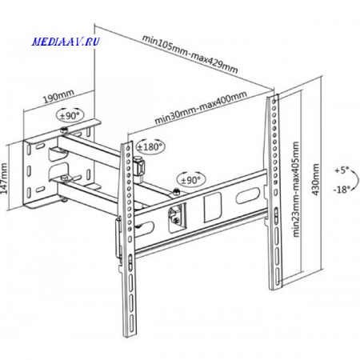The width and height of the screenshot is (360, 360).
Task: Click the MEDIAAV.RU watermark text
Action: (66, 42)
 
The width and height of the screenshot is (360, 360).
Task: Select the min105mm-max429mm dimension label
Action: (190, 54)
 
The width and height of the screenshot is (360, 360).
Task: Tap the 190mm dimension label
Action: (58, 97)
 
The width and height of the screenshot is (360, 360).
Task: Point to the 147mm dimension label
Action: (4, 178)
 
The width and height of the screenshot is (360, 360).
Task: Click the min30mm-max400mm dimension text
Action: (201, 107)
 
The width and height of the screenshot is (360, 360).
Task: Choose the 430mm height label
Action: (315, 179)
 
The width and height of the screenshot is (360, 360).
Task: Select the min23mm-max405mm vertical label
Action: (296, 190)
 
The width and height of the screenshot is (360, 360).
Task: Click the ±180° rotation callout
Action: (150, 146)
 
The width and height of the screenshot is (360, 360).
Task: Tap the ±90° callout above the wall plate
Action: (70, 115)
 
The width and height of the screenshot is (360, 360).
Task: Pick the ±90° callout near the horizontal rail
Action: (190, 180)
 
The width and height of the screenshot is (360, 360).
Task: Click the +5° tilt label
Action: (342, 170)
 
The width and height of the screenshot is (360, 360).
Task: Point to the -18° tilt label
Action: (341, 190)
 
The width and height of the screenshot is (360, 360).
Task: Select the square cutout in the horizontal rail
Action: (213, 207)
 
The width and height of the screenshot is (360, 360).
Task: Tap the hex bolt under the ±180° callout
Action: (139, 166)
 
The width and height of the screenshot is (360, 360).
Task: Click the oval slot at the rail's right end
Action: (248, 196)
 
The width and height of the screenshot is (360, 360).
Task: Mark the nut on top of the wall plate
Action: (64, 130)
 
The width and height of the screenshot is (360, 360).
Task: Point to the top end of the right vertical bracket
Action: (273, 95)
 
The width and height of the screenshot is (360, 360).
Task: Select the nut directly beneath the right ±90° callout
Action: (176, 191)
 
